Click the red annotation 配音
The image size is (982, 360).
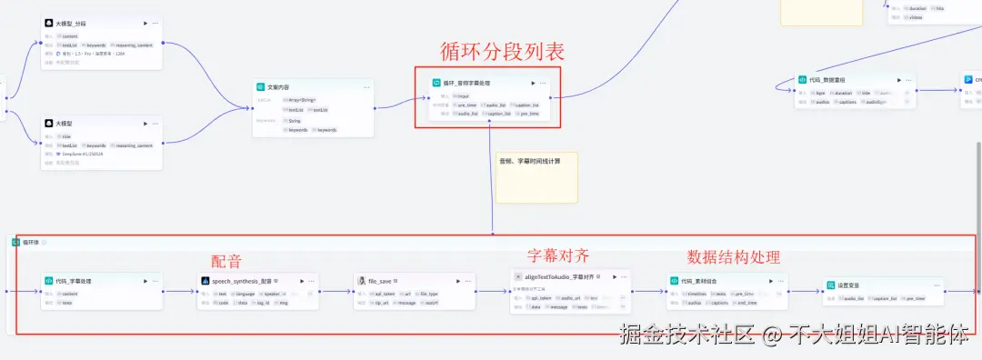226,261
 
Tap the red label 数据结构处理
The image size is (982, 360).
733,257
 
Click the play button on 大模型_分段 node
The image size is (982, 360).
145,23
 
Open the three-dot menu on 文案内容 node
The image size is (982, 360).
366,87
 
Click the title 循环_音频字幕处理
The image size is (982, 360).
473,83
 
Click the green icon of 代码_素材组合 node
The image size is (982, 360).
674,282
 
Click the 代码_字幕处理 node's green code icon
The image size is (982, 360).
49,282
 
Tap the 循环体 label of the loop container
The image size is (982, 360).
31,243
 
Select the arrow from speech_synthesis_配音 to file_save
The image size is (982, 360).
336,292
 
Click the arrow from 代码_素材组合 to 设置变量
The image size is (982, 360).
806,292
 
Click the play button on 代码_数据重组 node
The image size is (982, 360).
898,80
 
